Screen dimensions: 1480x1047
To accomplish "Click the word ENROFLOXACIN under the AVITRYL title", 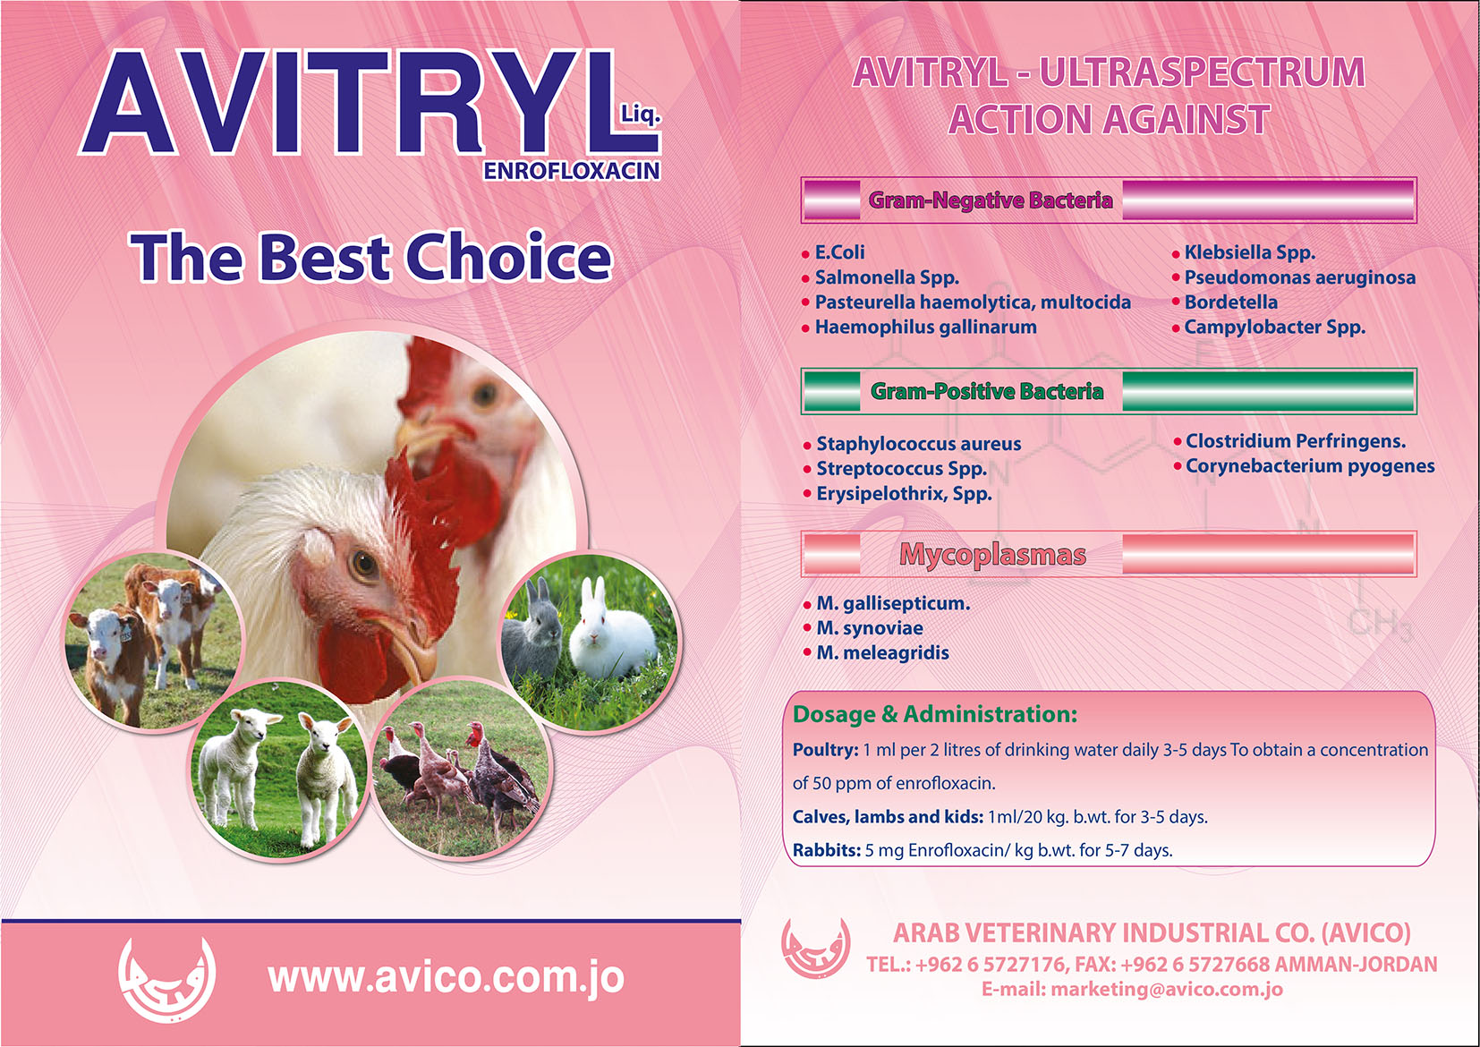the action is tap(572, 171).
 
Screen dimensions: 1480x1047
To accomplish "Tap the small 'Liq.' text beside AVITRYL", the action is tap(641, 115).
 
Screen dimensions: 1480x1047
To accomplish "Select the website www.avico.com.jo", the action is tap(446, 977).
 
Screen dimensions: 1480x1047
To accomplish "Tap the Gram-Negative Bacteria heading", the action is tap(991, 200).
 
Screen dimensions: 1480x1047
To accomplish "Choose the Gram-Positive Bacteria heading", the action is tap(987, 391).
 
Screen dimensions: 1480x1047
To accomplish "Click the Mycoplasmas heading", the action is tap(992, 554).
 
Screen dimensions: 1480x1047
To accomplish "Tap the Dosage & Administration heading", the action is tap(935, 714).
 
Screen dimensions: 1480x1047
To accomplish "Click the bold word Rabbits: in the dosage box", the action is tap(827, 850).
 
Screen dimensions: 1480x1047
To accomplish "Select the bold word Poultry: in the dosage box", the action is tap(825, 751).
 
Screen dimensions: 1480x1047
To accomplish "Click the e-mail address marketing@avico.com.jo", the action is tap(1167, 990).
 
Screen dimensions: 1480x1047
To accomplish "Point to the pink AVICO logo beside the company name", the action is tap(815, 948).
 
